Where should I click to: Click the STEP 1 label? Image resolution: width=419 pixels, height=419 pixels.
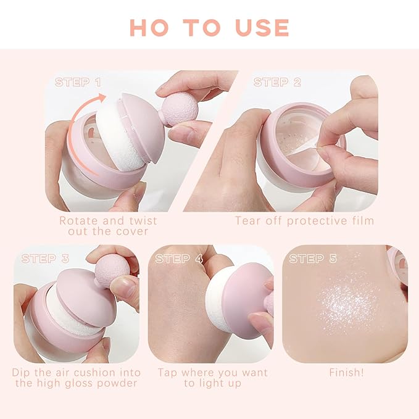78,82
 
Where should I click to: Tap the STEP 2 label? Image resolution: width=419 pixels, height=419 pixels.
277,82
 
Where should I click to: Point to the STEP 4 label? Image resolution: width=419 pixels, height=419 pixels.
179,259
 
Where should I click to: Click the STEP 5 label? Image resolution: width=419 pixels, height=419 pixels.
313,259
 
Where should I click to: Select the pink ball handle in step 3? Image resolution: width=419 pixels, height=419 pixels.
112,270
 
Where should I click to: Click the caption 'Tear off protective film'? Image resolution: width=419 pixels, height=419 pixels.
305,220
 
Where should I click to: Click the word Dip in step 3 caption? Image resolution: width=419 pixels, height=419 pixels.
23,373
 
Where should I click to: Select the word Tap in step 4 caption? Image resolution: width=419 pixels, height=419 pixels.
168,373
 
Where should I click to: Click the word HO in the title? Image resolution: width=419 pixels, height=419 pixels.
146,27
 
